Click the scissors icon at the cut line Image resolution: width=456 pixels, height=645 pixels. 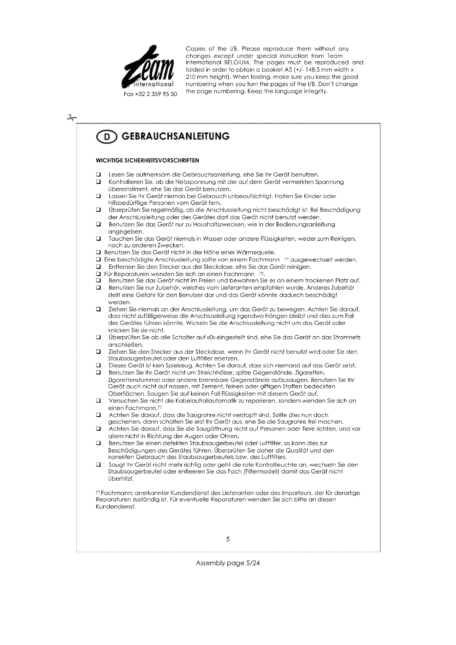click(71, 117)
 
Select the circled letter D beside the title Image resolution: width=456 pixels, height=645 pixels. click(106, 137)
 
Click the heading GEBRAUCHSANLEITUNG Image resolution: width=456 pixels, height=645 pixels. click(176, 137)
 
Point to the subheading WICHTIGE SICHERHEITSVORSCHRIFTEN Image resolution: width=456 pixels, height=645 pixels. click(147, 161)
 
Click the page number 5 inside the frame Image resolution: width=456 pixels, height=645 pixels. click(228, 539)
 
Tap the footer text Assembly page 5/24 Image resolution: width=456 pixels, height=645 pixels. click(228, 563)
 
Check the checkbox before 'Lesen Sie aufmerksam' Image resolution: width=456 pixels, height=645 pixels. click(98, 175)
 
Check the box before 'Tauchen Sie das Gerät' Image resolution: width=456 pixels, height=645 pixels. click(98, 239)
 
